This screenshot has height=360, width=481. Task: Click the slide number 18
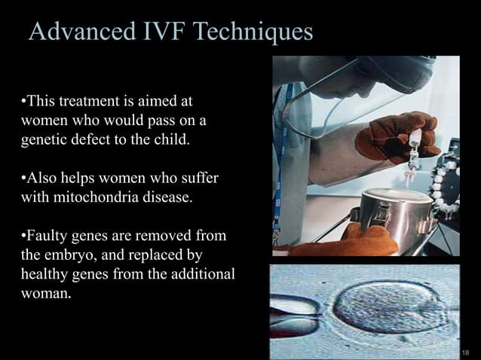tap(465, 352)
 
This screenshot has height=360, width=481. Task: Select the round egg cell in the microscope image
tap(385, 308)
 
